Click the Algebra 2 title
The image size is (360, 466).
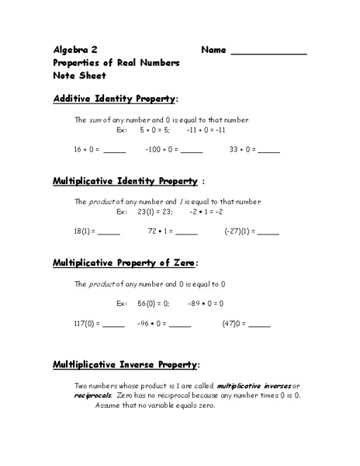(x=76, y=49)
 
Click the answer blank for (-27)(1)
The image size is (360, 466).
(x=268, y=232)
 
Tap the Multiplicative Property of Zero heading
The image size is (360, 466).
(x=124, y=263)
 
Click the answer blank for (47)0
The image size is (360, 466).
(x=259, y=325)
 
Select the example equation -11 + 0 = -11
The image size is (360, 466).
(x=205, y=132)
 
